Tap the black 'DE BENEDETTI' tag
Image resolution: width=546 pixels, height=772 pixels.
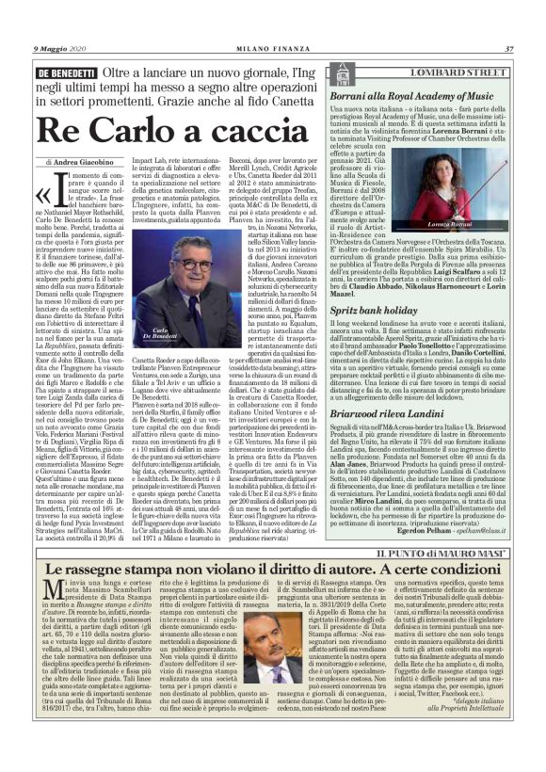tap(67, 72)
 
